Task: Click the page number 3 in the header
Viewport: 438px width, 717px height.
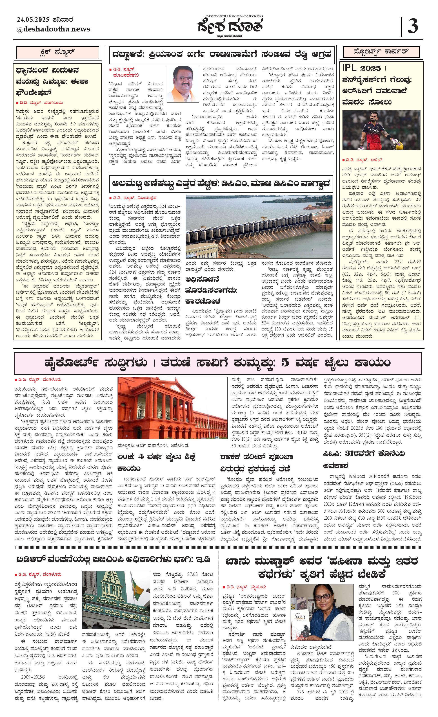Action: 413,26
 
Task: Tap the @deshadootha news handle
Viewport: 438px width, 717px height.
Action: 53,29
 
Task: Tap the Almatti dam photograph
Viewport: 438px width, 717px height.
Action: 259,227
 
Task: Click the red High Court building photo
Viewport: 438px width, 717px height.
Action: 172,408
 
